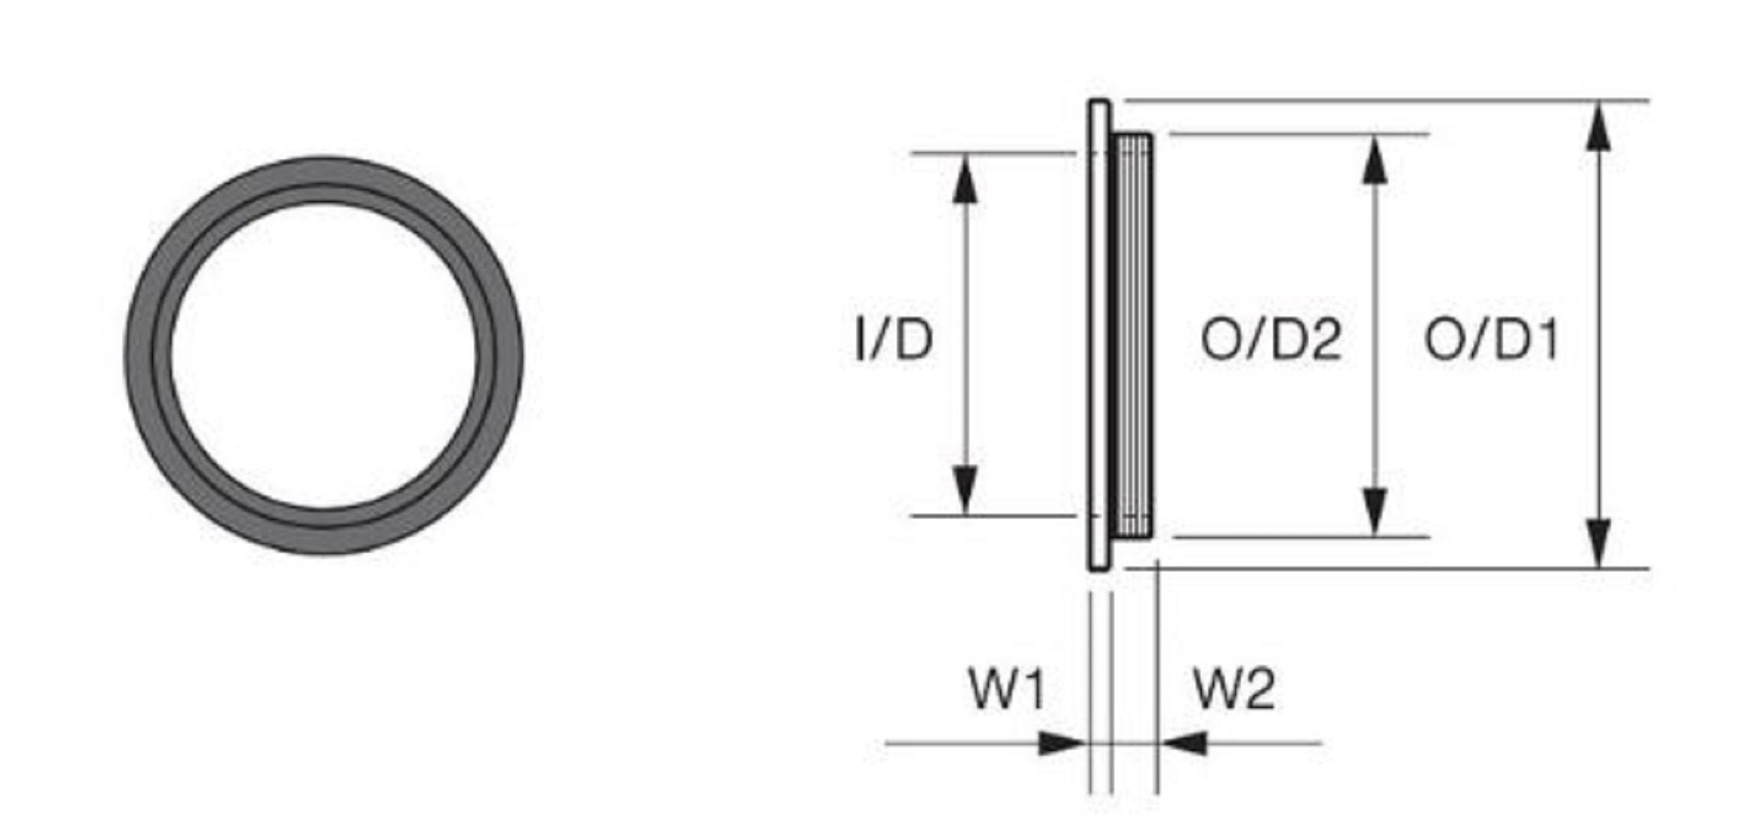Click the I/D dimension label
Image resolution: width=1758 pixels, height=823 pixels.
pyautogui.click(x=893, y=339)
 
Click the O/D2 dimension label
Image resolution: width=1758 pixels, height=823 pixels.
pyautogui.click(x=1270, y=339)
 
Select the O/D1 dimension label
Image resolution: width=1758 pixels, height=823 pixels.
pyautogui.click(x=1492, y=339)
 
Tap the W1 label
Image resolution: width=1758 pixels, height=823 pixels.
pyautogui.click(x=1007, y=688)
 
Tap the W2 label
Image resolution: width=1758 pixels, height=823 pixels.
pyautogui.click(x=1233, y=688)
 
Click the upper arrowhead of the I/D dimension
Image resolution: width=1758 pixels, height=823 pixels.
pyautogui.click(x=965, y=180)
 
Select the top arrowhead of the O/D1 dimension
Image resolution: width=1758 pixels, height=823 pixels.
pyautogui.click(x=1600, y=128)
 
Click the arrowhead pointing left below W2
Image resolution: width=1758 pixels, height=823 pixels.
pyautogui.click(x=1183, y=744)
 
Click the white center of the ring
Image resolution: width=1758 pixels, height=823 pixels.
pyautogui.click(x=323, y=356)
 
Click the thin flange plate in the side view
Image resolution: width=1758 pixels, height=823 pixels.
pyautogui.click(x=1099, y=334)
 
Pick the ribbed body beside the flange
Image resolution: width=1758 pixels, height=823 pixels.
pyautogui.click(x=1134, y=334)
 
